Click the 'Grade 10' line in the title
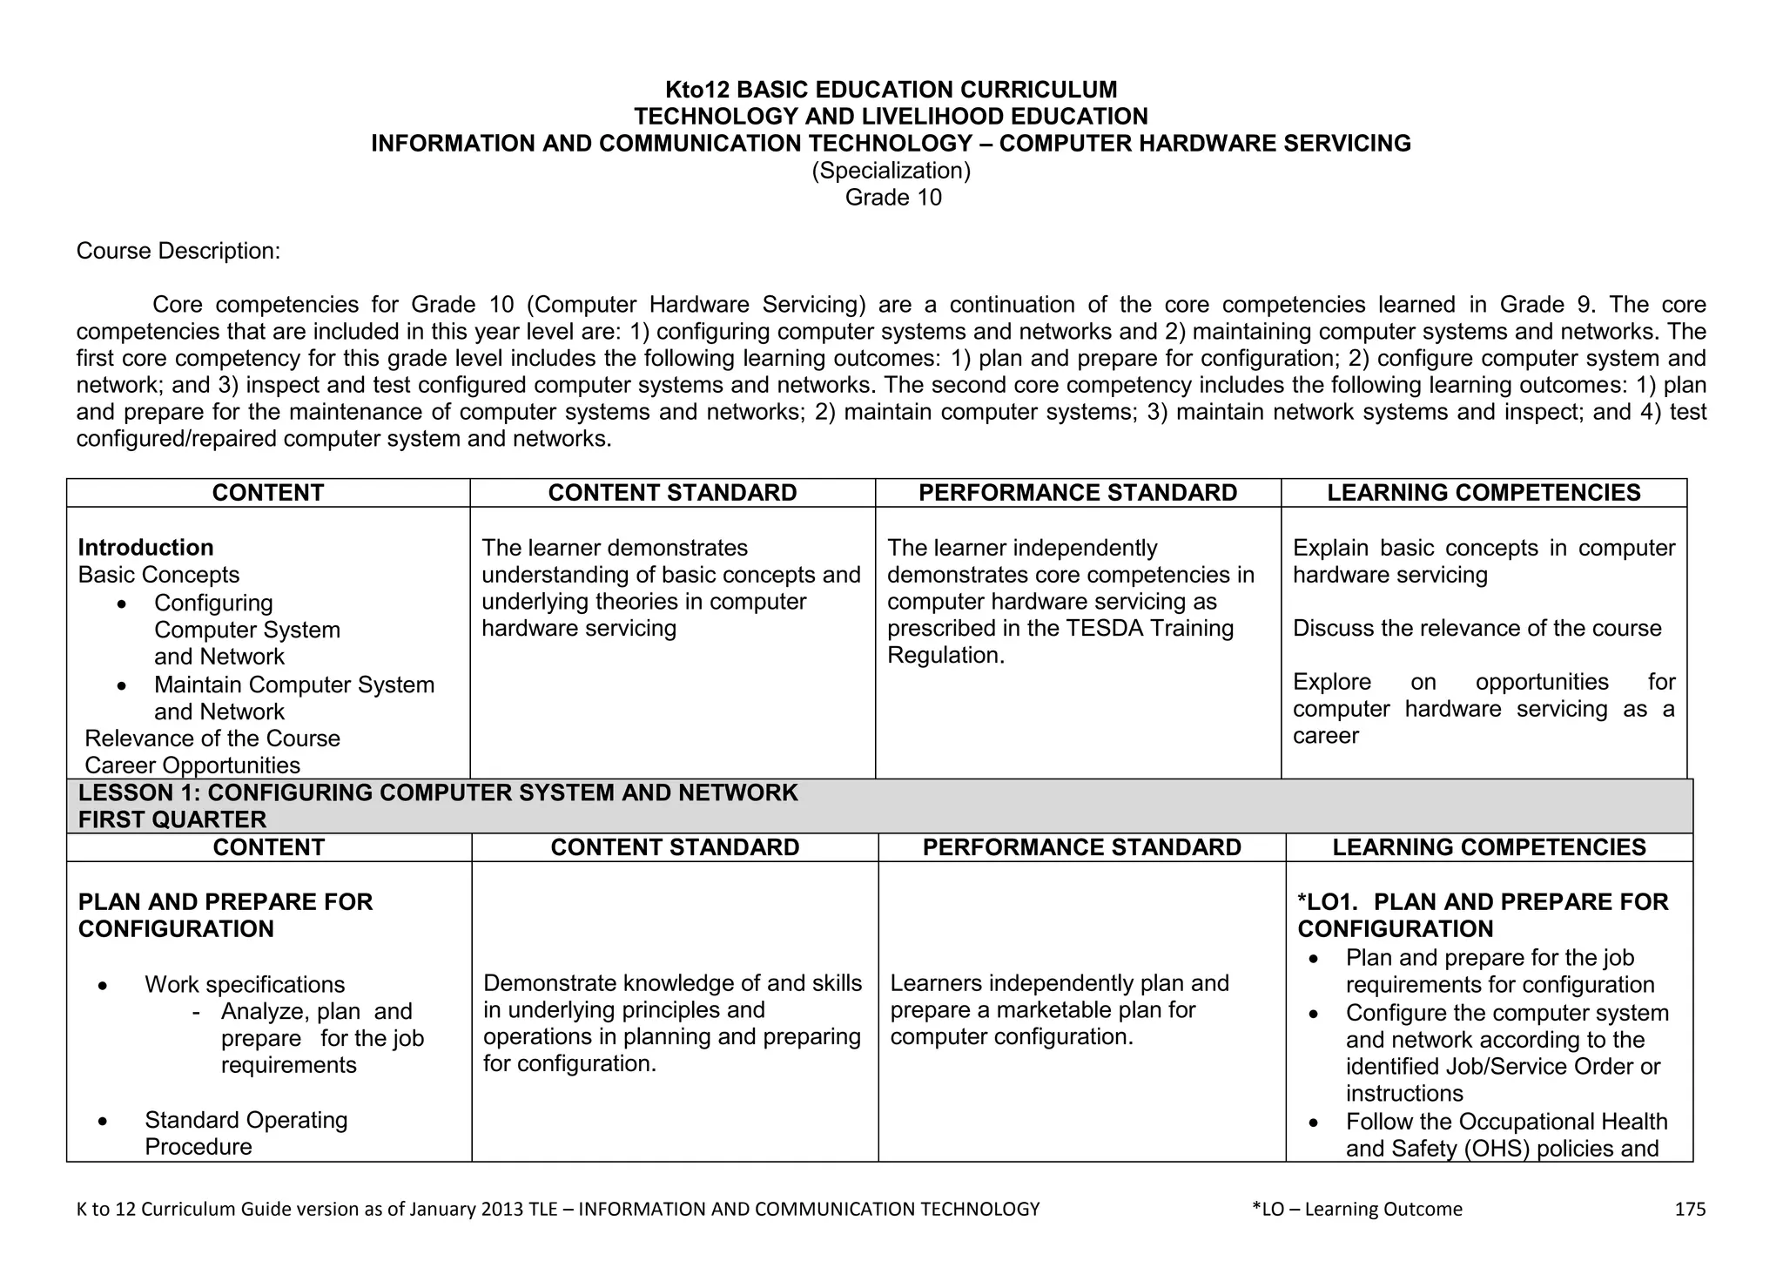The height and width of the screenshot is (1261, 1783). [893, 198]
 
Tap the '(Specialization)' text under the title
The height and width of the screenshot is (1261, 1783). [891, 171]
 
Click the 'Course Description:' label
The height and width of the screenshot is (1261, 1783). [178, 252]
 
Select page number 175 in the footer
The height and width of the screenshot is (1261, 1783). [1690, 1209]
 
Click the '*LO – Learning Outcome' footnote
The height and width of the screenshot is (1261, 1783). [1356, 1209]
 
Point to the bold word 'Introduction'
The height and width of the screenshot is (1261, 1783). [145, 548]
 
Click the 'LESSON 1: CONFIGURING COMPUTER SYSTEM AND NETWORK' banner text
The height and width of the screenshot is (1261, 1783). [437, 793]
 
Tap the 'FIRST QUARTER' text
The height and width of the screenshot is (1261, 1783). [172, 819]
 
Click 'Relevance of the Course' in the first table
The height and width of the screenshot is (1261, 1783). [212, 738]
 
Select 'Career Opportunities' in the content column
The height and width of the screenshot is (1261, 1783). [192, 765]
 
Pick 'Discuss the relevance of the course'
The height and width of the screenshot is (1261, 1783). [1477, 629]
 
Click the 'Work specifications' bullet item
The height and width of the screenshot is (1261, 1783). [245, 985]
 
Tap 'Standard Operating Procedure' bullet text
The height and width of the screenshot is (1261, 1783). [246, 1121]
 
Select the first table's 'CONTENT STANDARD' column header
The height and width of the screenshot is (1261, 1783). [672, 493]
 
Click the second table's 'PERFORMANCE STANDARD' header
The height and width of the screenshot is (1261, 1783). [1081, 847]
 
